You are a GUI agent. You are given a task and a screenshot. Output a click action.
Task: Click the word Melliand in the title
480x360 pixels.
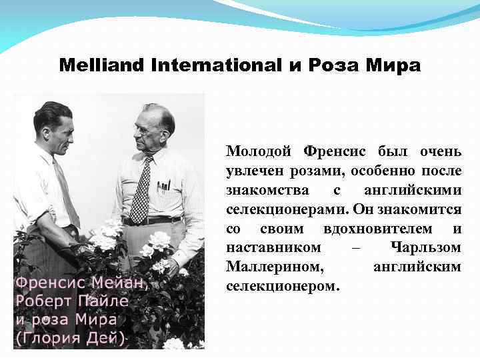pos(97,66)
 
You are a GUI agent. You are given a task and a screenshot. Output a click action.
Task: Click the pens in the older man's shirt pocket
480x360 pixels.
pos(163,185)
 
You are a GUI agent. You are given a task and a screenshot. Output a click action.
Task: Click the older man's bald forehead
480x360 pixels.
pos(151,115)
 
